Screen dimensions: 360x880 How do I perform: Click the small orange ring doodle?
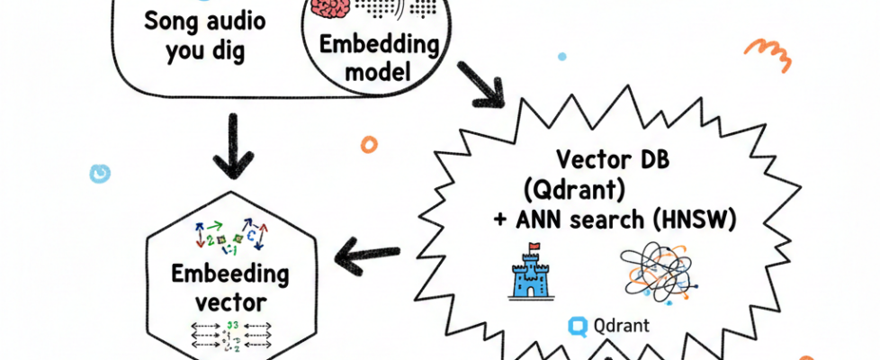pyautogui.click(x=369, y=143)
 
